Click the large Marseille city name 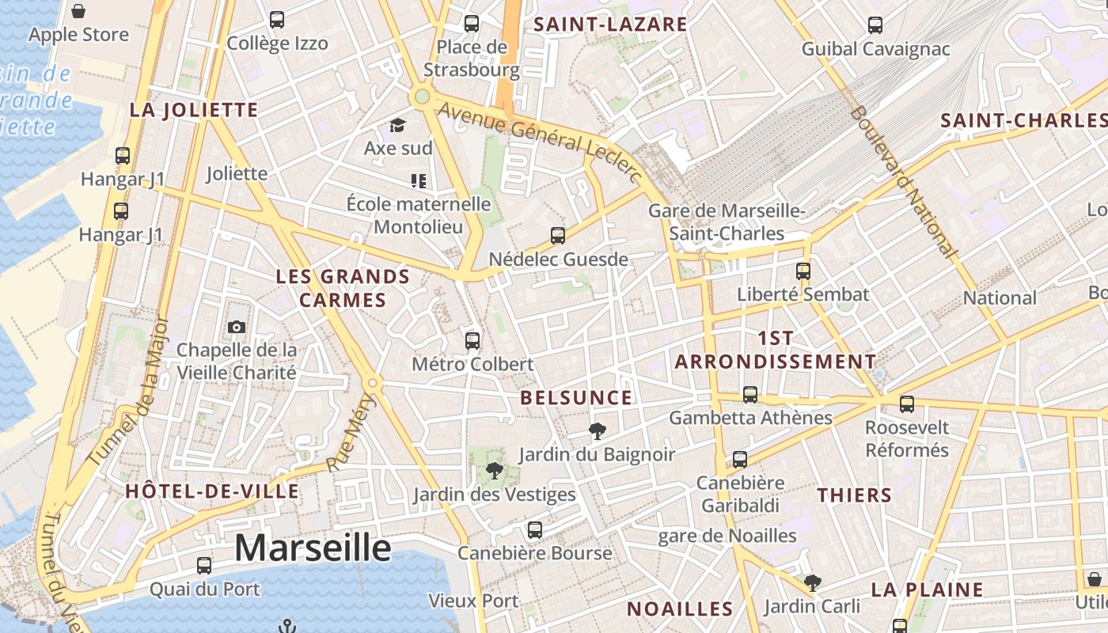tap(313, 548)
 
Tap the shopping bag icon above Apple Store tap(78, 11)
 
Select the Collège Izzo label tap(277, 44)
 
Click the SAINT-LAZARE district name tap(610, 24)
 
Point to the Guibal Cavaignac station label tap(875, 49)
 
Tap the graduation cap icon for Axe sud tap(397, 125)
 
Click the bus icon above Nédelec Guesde tap(558, 235)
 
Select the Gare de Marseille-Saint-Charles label tap(727, 222)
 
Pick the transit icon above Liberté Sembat tap(803, 271)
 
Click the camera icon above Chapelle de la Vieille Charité tap(236, 327)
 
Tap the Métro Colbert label tap(472, 364)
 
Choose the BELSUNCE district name tap(576, 398)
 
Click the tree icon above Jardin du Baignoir tap(597, 431)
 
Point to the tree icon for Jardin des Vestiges tap(495, 472)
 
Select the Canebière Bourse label tap(534, 553)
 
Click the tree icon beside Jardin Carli tap(812, 583)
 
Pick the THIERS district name tap(854, 496)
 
